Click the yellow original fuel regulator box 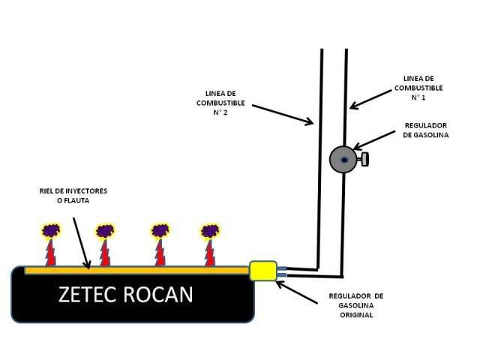click(x=263, y=271)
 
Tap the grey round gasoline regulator click(x=343, y=160)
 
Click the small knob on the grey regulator click(x=364, y=160)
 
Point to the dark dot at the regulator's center click(x=345, y=160)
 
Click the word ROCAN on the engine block click(x=158, y=295)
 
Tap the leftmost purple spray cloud click(x=51, y=231)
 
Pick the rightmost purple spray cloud click(x=210, y=231)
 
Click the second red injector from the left click(x=105, y=253)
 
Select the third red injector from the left click(x=160, y=253)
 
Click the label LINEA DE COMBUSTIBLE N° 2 click(x=220, y=103)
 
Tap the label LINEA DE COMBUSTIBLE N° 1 click(x=418, y=88)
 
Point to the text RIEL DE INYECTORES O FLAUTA click(x=73, y=196)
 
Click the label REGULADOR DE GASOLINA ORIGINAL click(x=356, y=305)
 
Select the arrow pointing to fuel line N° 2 click(x=283, y=115)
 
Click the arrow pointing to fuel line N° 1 click(x=370, y=99)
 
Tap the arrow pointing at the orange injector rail click(x=82, y=243)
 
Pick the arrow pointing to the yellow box click(x=296, y=292)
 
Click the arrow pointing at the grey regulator click(x=374, y=140)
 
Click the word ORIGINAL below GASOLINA click(x=356, y=315)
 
